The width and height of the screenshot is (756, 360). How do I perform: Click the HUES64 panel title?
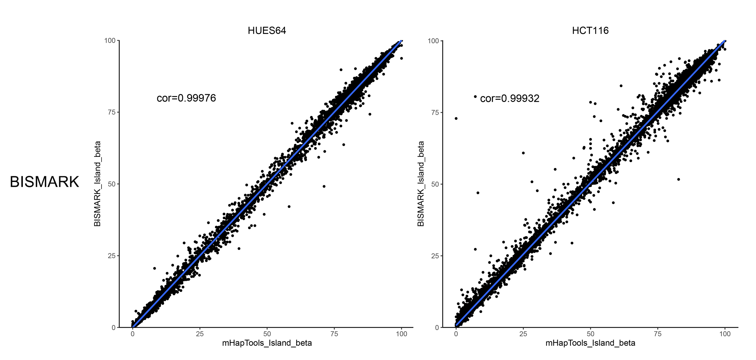coord(267,30)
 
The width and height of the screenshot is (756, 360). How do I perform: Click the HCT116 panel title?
coord(590,30)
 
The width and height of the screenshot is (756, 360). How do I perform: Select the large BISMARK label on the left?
coord(45,182)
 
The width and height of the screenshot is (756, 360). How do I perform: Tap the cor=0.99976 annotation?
coord(186,98)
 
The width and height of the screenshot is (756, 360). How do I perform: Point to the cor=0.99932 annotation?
coord(510,98)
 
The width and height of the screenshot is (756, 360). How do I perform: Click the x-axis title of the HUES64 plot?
coord(267,343)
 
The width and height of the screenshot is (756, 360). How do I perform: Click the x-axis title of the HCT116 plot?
coord(590,343)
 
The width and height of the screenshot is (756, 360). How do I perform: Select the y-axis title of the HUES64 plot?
coord(97,184)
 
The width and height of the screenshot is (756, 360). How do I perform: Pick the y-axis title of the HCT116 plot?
coord(421,184)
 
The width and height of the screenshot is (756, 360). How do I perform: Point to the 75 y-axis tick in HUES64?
coord(112,112)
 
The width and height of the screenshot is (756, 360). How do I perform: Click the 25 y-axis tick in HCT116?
coord(435,256)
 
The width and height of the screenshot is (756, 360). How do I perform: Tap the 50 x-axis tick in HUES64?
coord(267,334)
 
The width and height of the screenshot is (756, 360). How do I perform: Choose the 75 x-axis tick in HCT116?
coord(658,334)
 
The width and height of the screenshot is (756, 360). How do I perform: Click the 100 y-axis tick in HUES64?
coord(110,41)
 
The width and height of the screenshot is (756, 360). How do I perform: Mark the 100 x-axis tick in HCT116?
coord(725,334)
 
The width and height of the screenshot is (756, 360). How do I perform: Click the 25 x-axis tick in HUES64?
coord(200,334)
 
